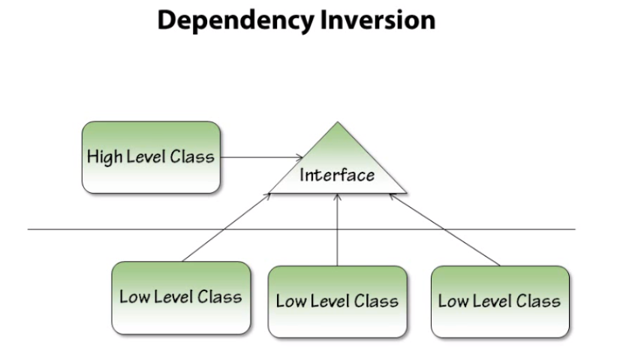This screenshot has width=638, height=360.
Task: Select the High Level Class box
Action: tap(150, 157)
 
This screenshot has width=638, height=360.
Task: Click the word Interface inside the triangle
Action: tap(337, 175)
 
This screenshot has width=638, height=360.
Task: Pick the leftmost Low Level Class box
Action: tap(180, 297)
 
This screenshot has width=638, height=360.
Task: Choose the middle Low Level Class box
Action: tap(337, 301)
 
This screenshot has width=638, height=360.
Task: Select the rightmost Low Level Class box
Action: tap(499, 301)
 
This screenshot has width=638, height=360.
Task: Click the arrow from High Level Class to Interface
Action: tap(259, 157)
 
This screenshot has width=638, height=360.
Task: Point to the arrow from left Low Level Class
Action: tap(225, 227)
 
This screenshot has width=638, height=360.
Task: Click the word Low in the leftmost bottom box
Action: tap(134, 296)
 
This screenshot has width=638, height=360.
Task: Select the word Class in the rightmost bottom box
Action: tap(539, 301)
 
